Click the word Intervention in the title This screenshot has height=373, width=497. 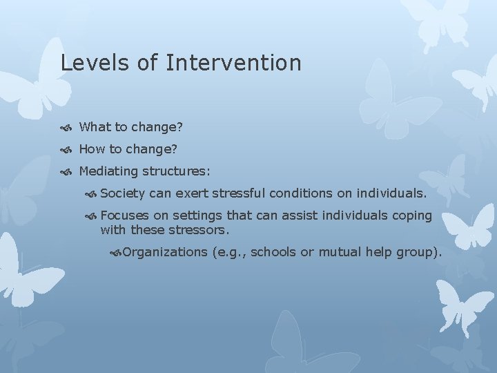pyautogui.click(x=234, y=63)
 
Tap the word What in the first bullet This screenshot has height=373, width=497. pyautogui.click(x=94, y=127)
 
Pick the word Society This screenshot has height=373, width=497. pyautogui.click(x=122, y=194)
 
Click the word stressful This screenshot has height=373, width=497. pyautogui.click(x=240, y=194)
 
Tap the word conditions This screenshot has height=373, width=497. pyautogui.click(x=301, y=194)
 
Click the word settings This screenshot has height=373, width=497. pyautogui.click(x=199, y=216)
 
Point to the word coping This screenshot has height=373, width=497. pyautogui.click(x=412, y=216)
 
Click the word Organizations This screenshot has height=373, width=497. pyautogui.click(x=164, y=252)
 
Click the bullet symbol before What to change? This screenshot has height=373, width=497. pyautogui.click(x=66, y=128)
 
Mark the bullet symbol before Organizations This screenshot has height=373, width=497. pyautogui.click(x=115, y=253)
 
